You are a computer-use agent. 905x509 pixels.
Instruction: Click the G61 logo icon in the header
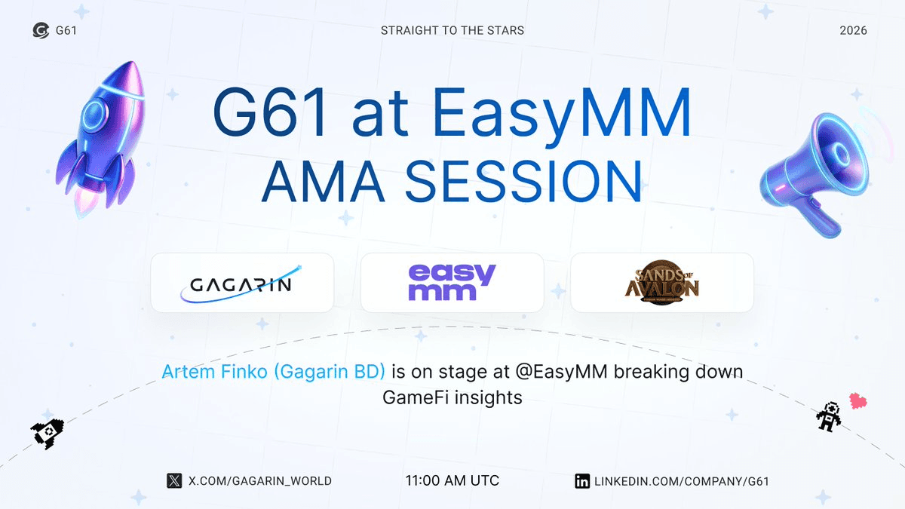(41, 30)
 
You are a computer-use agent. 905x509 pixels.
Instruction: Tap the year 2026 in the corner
(853, 31)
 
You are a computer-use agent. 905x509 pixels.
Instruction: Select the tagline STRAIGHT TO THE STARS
(452, 31)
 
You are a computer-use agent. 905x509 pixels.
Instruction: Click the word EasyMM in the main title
(562, 113)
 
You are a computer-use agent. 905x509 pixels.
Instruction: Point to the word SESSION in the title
(523, 181)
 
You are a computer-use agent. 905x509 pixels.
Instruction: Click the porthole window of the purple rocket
(94, 114)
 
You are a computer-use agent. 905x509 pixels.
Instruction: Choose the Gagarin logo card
(242, 283)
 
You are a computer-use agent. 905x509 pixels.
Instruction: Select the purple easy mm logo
(452, 282)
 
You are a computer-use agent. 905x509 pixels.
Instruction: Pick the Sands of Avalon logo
(662, 282)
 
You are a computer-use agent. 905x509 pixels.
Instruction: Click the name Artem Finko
(214, 372)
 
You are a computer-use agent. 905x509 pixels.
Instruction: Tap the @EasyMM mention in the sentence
(561, 372)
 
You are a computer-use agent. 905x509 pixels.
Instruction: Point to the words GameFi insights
(452, 397)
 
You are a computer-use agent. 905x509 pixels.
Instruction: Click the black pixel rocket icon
(48, 434)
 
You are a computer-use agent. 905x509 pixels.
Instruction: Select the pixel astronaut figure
(829, 416)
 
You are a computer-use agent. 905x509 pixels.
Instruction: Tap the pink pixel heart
(857, 401)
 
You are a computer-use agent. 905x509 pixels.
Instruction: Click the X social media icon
(174, 481)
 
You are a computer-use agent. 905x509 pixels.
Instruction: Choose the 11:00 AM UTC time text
(452, 481)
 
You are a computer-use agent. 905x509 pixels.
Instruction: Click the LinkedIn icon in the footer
(582, 481)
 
